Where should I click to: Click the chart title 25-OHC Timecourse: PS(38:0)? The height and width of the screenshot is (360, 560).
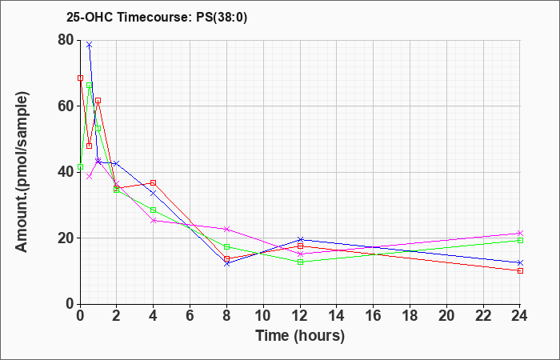click(x=157, y=18)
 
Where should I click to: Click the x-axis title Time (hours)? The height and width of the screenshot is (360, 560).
click(x=300, y=336)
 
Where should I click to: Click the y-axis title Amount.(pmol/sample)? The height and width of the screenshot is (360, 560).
click(x=22, y=172)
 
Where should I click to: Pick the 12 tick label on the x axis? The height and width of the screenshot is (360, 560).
click(x=300, y=316)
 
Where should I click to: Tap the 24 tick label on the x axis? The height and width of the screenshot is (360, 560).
click(x=520, y=316)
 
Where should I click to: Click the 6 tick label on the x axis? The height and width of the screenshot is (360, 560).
click(x=190, y=316)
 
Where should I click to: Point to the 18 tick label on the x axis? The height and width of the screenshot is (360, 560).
click(x=410, y=316)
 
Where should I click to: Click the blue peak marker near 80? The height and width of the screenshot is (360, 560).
click(x=90, y=45)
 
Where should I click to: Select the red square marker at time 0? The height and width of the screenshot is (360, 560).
click(x=80, y=78)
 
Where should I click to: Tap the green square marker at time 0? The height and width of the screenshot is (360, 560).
click(x=80, y=166)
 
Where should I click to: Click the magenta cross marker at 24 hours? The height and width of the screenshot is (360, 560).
click(x=520, y=234)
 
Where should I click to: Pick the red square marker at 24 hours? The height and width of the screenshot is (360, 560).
click(x=520, y=270)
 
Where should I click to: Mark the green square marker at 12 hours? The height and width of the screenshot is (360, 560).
click(x=300, y=262)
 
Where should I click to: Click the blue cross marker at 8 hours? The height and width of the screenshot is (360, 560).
click(x=227, y=264)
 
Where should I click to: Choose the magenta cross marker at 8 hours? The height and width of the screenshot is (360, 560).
click(x=227, y=229)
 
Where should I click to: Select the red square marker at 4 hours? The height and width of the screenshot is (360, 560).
click(x=154, y=183)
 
